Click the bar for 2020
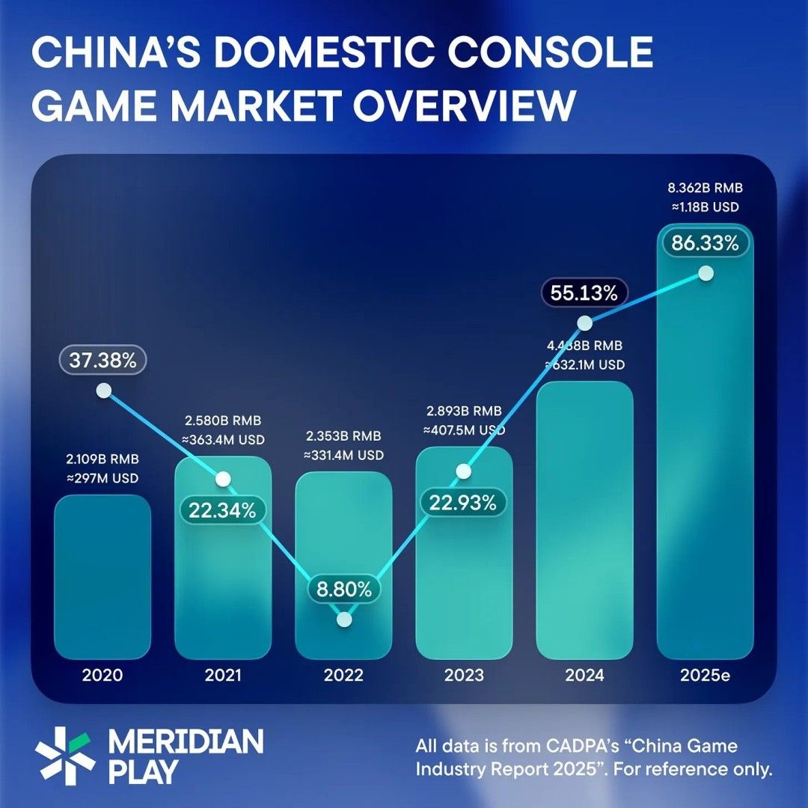102,576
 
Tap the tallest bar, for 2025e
705,449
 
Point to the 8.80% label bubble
343,589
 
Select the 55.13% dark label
584,293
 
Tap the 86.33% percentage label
705,243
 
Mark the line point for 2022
344,619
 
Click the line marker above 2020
103,391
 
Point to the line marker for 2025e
705,274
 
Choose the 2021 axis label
223,676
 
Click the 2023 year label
463,676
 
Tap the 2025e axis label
705,676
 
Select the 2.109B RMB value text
102,459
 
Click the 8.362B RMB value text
705,188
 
